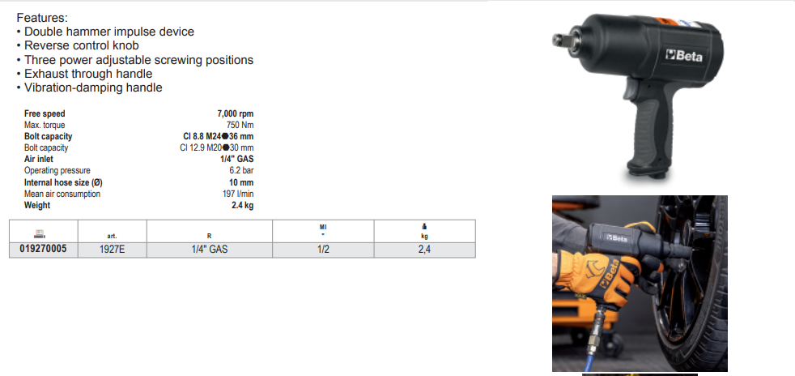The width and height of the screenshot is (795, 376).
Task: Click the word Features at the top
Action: coord(41,18)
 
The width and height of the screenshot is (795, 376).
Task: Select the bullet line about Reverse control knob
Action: coord(78,45)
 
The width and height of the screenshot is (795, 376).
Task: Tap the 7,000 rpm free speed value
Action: coord(236,113)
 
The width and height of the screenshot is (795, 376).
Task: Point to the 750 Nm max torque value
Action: coord(240,125)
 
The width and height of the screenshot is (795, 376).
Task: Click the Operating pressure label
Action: coord(57,170)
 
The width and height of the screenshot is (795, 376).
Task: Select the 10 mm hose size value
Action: coord(241,182)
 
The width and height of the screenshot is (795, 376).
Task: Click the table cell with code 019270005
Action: coord(43,250)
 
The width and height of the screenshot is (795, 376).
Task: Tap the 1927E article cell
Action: coord(112,250)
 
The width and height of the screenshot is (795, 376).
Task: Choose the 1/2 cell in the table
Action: coord(323,250)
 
